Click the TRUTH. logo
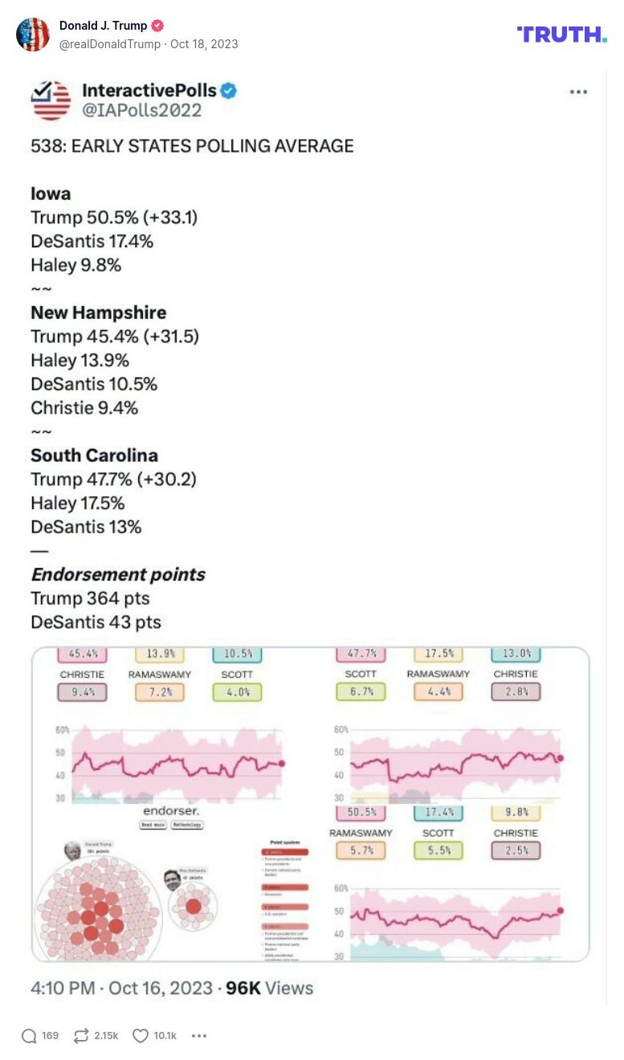(x=561, y=35)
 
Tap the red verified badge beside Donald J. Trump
(x=157, y=26)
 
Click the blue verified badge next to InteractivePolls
(x=229, y=91)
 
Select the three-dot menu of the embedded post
(x=578, y=92)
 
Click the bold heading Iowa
(x=51, y=194)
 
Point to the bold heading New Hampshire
(x=99, y=312)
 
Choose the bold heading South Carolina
(x=94, y=455)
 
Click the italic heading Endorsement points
(x=118, y=574)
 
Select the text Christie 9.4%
(x=84, y=408)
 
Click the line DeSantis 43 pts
(x=96, y=622)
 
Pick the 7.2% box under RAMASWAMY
(x=160, y=691)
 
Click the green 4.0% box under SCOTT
(x=237, y=691)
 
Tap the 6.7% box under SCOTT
(x=361, y=691)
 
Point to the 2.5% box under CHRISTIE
(x=516, y=850)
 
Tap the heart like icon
(x=141, y=1036)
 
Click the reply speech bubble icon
(x=29, y=1036)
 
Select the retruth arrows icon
(x=80, y=1036)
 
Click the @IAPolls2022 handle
(x=142, y=111)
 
